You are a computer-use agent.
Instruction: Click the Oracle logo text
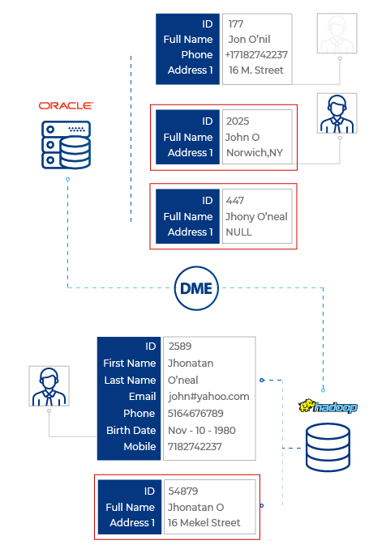click(x=66, y=106)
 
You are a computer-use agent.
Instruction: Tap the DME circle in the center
click(x=196, y=288)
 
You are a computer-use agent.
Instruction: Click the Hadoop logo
click(x=328, y=406)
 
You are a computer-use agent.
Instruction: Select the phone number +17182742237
click(x=256, y=55)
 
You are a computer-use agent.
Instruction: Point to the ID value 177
click(x=235, y=24)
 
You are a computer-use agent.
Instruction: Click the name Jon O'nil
click(x=249, y=39)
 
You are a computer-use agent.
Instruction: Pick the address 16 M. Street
click(x=256, y=70)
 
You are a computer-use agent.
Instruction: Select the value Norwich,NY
click(x=255, y=153)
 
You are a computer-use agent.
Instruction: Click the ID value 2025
click(x=238, y=121)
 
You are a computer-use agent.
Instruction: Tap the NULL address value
click(x=239, y=232)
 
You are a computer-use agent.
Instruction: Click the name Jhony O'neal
click(x=256, y=216)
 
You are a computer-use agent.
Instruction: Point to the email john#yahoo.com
click(x=208, y=397)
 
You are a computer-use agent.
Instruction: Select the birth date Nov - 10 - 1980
click(x=202, y=430)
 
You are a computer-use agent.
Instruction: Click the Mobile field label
click(x=139, y=446)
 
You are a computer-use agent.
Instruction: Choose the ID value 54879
click(x=183, y=491)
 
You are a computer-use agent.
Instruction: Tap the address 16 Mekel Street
click(x=204, y=523)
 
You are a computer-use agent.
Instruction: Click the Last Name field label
click(x=130, y=380)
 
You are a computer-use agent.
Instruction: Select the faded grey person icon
click(x=337, y=33)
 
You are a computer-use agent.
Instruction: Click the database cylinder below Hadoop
click(x=328, y=447)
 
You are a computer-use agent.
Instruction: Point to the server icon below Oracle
click(x=66, y=145)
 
